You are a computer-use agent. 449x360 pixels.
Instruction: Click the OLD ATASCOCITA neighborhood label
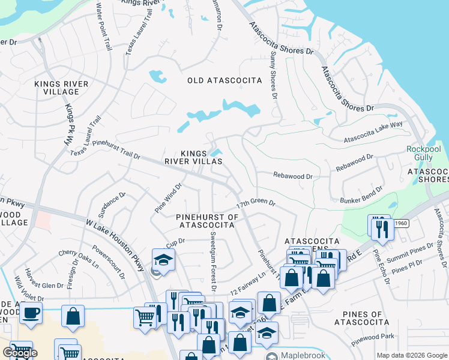coord(224,80)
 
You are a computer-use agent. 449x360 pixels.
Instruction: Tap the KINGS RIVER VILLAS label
coord(194,157)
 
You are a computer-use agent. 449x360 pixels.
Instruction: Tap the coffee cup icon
coord(31,312)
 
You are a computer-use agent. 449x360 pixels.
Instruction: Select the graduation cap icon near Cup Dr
coord(163,260)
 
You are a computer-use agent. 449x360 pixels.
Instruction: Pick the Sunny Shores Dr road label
coord(273,75)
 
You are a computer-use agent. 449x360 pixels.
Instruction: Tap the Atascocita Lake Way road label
coord(373,133)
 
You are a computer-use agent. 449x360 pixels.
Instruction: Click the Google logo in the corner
coord(19,353)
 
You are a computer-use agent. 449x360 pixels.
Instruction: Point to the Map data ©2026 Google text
coord(411,355)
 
